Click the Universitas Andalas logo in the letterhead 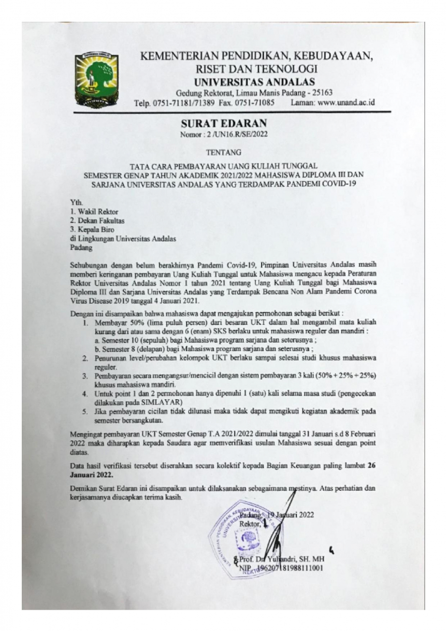tap(96, 81)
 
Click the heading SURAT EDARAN tap(223, 123)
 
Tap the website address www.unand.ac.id tap(346, 103)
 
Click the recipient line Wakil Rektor tap(94, 211)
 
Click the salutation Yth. tap(76, 203)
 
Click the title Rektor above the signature tap(249, 524)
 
